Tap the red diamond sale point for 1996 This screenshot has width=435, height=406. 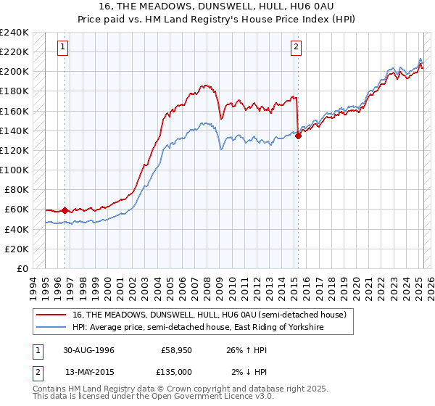click(65, 210)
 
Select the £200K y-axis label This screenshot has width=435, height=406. click(14, 72)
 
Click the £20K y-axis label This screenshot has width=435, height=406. click(17, 249)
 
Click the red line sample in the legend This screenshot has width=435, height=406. click(54, 315)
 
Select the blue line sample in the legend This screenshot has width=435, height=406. click(54, 328)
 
